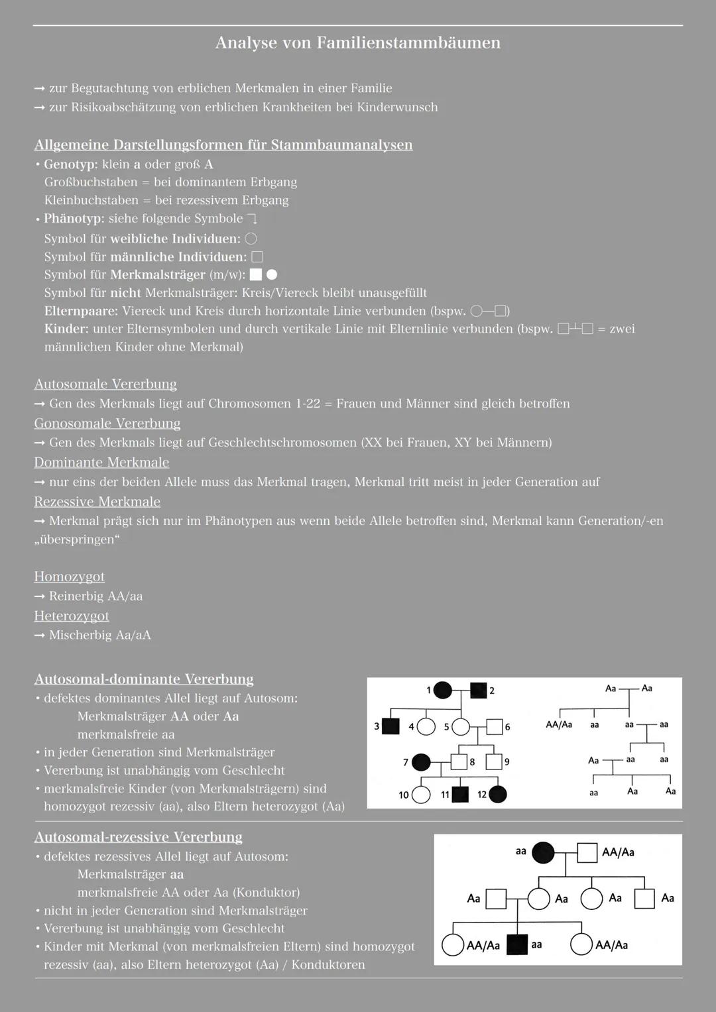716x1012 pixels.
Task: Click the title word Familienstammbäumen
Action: pyautogui.click(x=408, y=43)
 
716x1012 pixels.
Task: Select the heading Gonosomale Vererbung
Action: pyautogui.click(x=107, y=423)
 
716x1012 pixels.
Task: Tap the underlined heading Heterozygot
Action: pyautogui.click(x=72, y=616)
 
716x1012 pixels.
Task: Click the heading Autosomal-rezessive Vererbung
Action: pyautogui.click(x=138, y=837)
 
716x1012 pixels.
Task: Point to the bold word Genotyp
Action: pyautogui.click(x=70, y=164)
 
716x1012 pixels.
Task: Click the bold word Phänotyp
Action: pyautogui.click(x=74, y=219)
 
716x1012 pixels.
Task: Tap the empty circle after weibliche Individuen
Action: pyautogui.click(x=251, y=239)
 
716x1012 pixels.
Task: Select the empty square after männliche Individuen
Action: pyautogui.click(x=257, y=256)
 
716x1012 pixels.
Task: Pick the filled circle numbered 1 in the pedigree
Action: pyautogui.click(x=442, y=691)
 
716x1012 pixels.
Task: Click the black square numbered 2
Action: pyautogui.click(x=478, y=691)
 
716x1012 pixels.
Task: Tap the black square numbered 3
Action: pyautogui.click(x=391, y=726)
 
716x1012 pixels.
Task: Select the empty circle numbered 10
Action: pyautogui.click(x=421, y=795)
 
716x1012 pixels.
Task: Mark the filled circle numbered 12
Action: pyautogui.click(x=498, y=794)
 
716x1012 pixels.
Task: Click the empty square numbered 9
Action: pyautogui.click(x=493, y=762)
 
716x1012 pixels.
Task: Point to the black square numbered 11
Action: pyautogui.click(x=460, y=794)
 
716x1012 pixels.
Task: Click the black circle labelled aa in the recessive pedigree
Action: pyautogui.click(x=543, y=852)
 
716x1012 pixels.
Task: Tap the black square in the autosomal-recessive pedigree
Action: pyautogui.click(x=516, y=944)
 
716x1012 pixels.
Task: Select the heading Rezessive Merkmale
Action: pyautogui.click(x=97, y=502)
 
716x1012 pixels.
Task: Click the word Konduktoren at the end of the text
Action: pyautogui.click(x=328, y=964)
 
